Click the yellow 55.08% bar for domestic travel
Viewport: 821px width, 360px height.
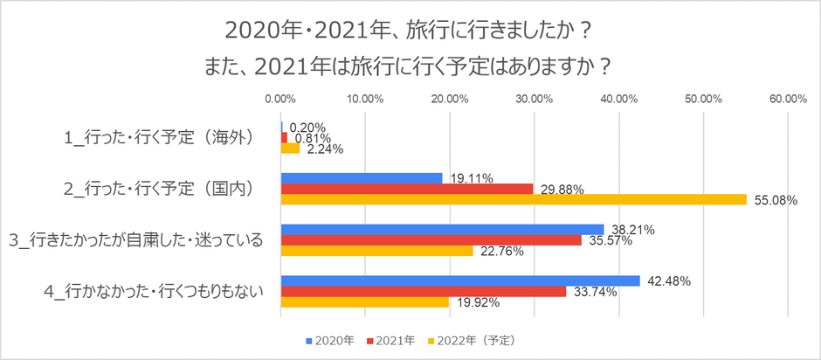point(514,199)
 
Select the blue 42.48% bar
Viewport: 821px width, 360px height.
point(460,280)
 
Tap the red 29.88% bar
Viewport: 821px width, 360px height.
point(407,189)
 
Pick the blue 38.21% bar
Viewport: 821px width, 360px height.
point(442,230)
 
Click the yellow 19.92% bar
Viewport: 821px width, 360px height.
point(365,302)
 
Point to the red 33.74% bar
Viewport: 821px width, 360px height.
point(424,292)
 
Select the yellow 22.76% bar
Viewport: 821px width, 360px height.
point(377,251)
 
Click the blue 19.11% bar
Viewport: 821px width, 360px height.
point(362,178)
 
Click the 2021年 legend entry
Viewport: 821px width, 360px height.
point(392,339)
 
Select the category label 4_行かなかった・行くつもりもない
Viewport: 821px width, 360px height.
point(154,291)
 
